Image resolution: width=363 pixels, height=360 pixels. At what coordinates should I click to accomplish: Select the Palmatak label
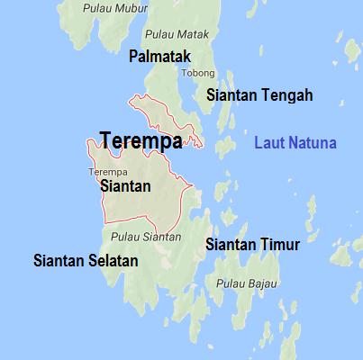(x=159, y=57)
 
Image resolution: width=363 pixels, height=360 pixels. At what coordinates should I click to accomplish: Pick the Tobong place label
(x=198, y=73)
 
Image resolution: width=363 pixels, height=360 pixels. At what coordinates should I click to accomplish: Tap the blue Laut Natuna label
(x=295, y=143)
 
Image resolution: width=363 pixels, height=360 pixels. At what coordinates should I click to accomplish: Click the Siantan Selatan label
(x=86, y=261)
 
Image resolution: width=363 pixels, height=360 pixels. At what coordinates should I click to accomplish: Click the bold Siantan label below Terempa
(x=125, y=186)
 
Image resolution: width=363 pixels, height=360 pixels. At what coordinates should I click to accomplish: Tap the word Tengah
(x=288, y=94)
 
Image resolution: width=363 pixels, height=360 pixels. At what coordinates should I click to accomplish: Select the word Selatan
(x=113, y=261)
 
